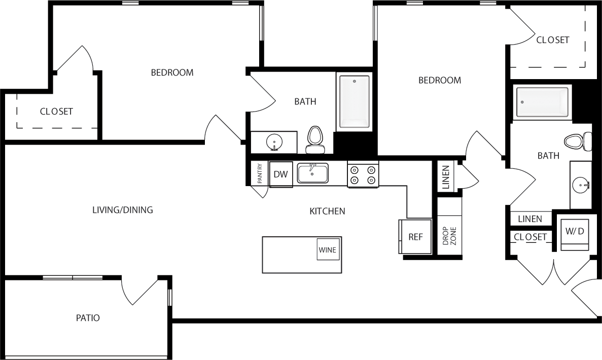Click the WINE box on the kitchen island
click(x=328, y=249)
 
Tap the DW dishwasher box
click(x=280, y=174)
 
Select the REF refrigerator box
click(x=415, y=236)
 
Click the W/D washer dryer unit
click(x=575, y=232)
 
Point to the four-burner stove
click(x=363, y=174)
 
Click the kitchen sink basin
click(x=312, y=173)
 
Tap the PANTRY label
click(x=260, y=173)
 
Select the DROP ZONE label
click(x=449, y=236)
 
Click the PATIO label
click(x=88, y=318)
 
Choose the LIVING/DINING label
click(x=123, y=209)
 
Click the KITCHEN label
click(x=327, y=211)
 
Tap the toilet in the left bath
click(x=315, y=139)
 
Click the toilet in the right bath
click(x=578, y=141)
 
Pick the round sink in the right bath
click(x=581, y=185)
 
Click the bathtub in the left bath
click(x=355, y=101)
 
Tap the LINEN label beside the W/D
click(x=530, y=219)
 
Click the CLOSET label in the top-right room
click(x=552, y=40)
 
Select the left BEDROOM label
click(x=172, y=73)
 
